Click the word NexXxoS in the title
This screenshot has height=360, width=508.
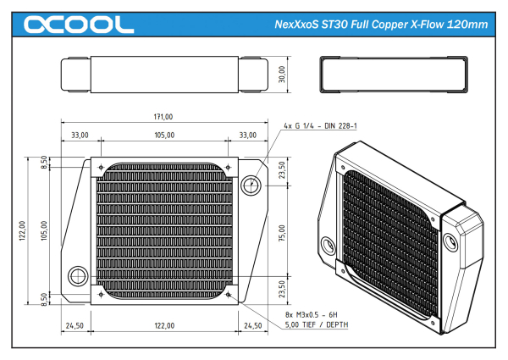(301, 25)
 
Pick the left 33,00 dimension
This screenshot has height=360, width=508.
(80, 136)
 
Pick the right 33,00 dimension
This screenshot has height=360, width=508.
(248, 136)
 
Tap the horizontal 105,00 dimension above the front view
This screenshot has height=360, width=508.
(163, 136)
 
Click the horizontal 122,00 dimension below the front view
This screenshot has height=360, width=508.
(163, 325)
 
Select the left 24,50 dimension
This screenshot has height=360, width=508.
(74, 325)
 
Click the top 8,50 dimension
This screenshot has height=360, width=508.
(45, 160)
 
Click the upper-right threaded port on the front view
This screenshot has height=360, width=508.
(252, 185)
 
